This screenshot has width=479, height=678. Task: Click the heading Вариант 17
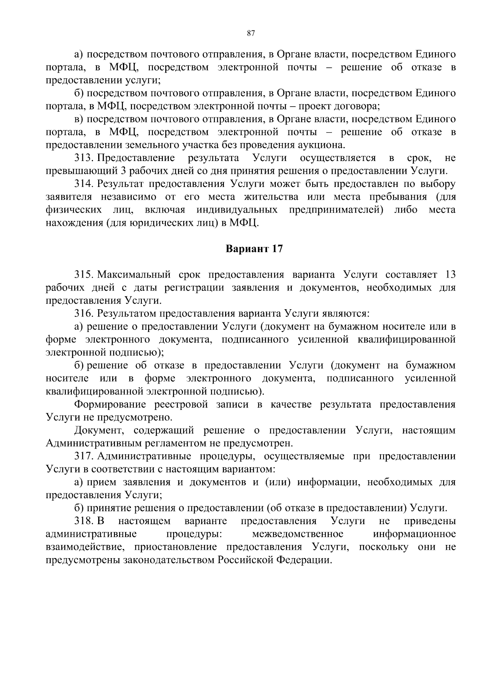coord(254,249)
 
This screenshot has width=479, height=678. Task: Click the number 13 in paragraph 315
coord(450,275)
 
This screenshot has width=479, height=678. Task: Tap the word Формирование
coord(111,405)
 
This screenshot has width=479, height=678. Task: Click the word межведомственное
coord(297,534)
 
